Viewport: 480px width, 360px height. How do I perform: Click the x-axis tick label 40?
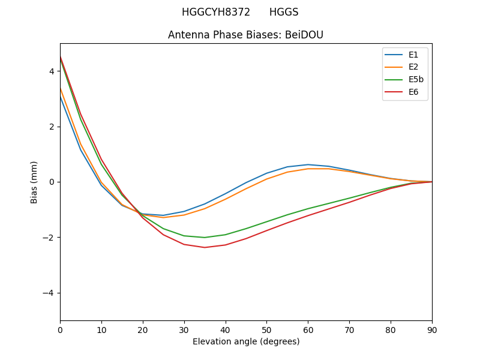226,329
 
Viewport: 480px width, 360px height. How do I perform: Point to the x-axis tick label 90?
432,329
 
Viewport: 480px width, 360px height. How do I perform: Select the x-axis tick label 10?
101,329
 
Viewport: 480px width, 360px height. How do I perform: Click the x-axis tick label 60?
308,329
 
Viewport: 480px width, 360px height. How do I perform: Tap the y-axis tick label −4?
48,293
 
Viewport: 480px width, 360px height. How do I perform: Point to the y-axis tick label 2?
52,127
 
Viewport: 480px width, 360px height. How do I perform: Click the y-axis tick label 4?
52,71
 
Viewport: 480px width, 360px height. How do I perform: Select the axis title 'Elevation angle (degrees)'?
246,341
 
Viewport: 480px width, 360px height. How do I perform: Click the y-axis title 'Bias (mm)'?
34,182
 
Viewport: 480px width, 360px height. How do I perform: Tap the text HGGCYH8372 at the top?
216,12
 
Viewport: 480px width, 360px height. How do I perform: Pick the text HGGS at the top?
284,12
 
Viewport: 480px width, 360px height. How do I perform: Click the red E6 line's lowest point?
205,247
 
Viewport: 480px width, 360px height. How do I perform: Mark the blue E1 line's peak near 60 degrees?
308,164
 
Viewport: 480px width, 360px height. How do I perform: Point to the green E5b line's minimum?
205,238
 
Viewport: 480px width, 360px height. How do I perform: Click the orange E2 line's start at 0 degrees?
60,88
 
